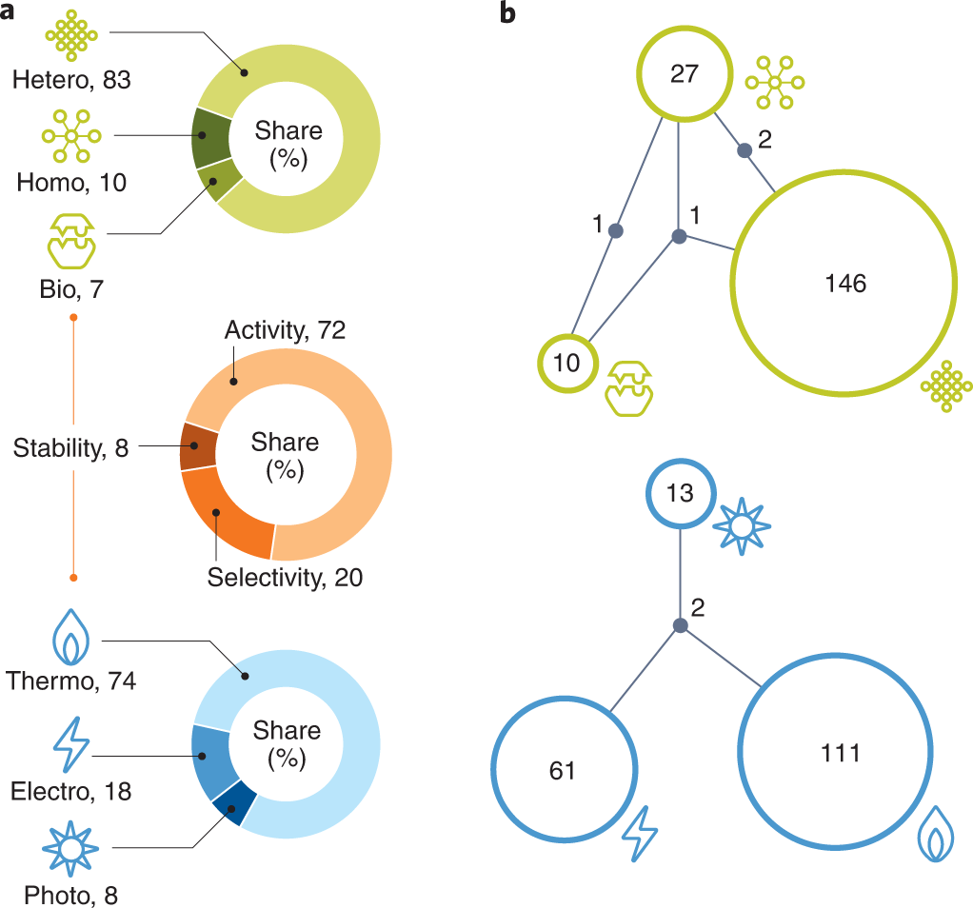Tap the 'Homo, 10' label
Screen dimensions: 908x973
click(71, 182)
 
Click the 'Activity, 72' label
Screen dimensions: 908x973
click(285, 331)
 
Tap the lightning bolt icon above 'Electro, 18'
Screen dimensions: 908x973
click(70, 745)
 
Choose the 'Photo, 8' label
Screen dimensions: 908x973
click(70, 894)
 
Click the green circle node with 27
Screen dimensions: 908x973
click(685, 73)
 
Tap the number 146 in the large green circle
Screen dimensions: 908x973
click(845, 284)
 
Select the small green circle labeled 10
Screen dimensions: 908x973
click(567, 363)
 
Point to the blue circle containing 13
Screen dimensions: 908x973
click(680, 494)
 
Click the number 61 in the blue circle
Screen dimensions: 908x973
click(563, 769)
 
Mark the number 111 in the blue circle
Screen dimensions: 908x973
click(840, 753)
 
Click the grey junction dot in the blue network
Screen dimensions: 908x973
click(680, 625)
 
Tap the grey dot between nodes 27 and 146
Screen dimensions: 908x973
click(745, 149)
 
